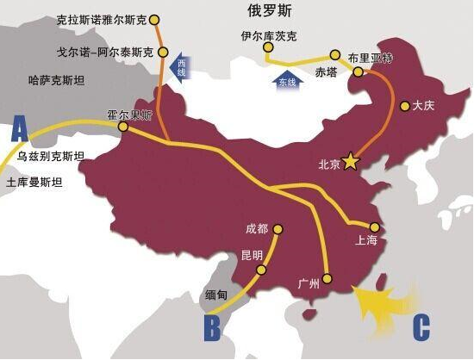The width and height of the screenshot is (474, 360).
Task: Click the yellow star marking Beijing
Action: tap(351, 161)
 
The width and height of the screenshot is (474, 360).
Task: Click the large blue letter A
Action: tap(20, 130)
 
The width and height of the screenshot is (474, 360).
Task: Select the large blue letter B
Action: tap(213, 328)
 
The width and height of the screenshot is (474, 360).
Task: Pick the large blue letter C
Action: tap(421, 327)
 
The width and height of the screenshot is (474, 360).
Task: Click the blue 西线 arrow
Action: tap(181, 67)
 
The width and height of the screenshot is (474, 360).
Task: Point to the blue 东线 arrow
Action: tap(286, 79)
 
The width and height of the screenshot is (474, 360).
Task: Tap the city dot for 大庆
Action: tap(404, 107)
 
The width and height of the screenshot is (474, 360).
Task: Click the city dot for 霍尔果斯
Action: tap(122, 127)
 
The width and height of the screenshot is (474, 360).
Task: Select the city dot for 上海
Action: tap(374, 227)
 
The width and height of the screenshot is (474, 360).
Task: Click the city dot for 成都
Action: tap(276, 229)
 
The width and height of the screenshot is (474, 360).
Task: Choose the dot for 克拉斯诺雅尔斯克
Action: tap(153, 18)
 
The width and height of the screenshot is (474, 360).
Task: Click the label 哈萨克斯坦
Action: tap(58, 81)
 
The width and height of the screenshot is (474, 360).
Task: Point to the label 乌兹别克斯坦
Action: tap(51, 157)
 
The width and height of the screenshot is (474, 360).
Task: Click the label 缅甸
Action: tap(216, 295)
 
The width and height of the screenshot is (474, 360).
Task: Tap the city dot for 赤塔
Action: tap(336, 54)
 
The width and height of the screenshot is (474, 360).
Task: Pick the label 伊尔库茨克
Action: tap(269, 36)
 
